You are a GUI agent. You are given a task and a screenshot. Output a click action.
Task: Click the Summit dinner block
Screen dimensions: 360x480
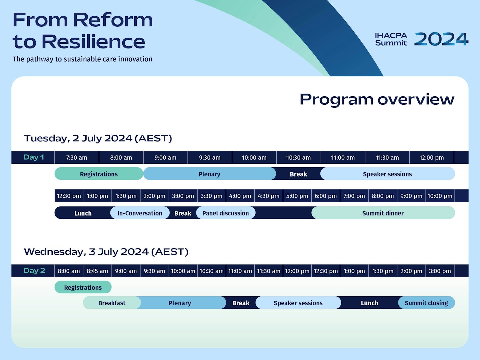pos(383,213)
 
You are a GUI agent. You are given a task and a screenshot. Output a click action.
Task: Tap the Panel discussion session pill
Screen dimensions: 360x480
pos(226,213)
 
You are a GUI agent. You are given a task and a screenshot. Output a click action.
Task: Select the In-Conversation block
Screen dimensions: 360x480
pos(140,213)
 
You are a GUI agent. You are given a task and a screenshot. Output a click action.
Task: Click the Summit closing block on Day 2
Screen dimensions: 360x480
pos(426,303)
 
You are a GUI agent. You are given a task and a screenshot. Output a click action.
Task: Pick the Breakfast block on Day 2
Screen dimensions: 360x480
pos(112,303)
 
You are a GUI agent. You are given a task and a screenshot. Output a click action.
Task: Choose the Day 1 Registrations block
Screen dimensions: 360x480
pos(99,174)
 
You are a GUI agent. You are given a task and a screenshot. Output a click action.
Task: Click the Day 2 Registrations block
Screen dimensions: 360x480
pos(83,287)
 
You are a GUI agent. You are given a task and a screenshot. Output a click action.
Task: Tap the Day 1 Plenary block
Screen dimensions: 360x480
pos(209,174)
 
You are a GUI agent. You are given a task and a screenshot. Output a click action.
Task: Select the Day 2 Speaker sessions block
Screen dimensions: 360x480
pos(298,303)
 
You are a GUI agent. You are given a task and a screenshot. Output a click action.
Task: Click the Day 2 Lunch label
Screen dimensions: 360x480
pos(369,303)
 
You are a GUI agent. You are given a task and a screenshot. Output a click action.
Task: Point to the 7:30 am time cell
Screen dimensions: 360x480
pos(76,158)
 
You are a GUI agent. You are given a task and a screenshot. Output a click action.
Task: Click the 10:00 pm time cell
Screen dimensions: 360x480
pos(440,196)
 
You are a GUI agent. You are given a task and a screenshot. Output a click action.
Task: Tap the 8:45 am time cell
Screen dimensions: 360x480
pos(97,271)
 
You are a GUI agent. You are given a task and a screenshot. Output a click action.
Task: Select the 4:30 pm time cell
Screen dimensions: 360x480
pos(268,196)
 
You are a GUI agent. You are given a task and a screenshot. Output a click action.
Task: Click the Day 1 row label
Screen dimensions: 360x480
pos(34,157)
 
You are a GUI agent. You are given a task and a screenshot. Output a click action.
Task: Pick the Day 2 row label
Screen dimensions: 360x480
pos(34,271)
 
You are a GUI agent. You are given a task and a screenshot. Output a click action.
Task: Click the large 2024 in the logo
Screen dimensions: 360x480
pos(441,39)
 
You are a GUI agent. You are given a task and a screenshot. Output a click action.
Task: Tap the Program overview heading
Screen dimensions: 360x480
pos(377,99)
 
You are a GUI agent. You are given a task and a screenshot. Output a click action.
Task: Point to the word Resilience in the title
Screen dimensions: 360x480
pos(94,42)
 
